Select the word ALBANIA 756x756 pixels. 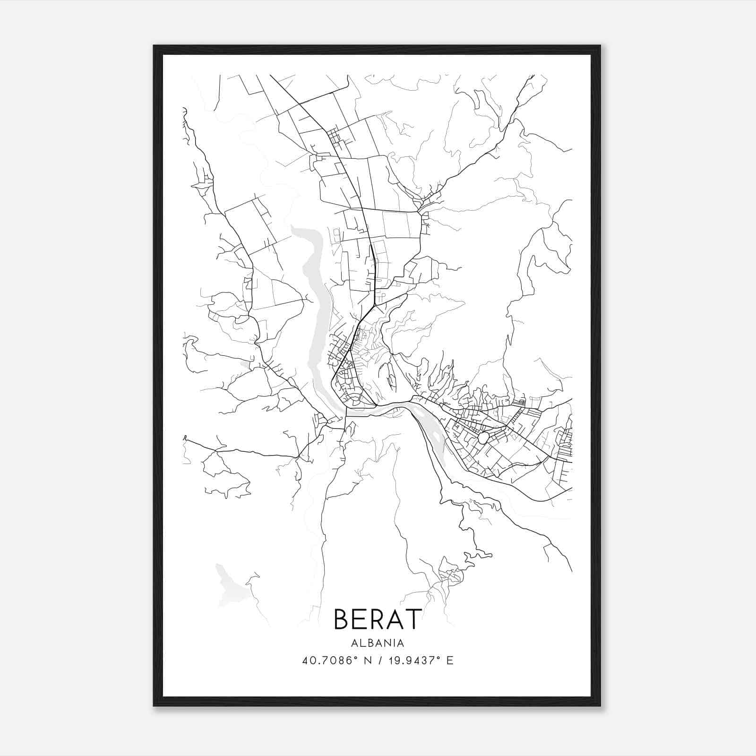[x=378, y=643]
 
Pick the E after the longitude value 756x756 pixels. [x=450, y=661]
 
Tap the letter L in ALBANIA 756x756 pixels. [x=361, y=643]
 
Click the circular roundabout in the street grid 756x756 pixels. [x=483, y=438]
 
